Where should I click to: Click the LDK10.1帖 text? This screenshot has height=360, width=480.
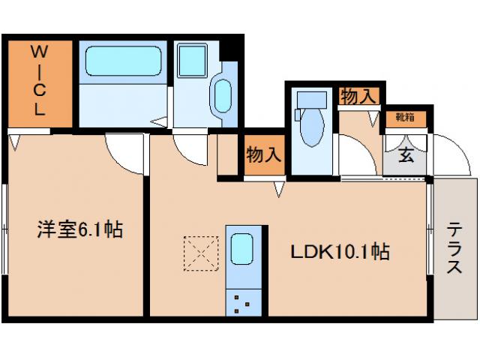click(339, 252)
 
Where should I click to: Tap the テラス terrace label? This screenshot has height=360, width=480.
click(455, 248)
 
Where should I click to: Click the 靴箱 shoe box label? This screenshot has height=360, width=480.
click(406, 117)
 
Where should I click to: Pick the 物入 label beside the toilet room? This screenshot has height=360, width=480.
click(264, 154)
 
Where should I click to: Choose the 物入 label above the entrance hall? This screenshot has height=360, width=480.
click(358, 96)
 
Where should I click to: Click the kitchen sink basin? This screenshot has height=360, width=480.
click(242, 249)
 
